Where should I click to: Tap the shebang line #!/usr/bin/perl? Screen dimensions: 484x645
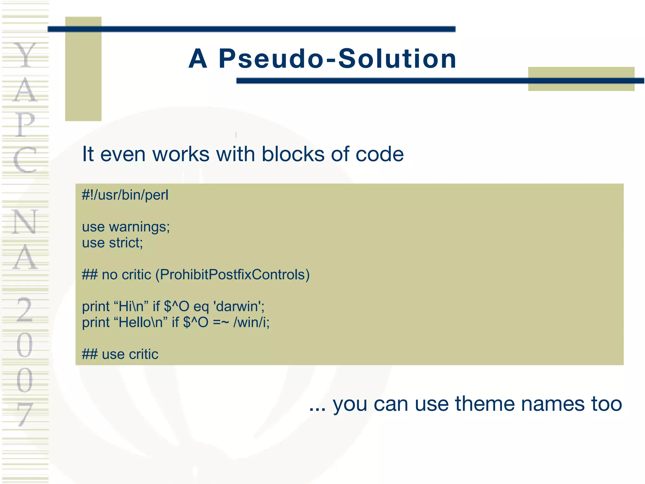pyautogui.click(x=125, y=195)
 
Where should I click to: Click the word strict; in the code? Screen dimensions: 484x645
pyautogui.click(x=126, y=243)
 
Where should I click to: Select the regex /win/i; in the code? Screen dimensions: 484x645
pyautogui.click(x=251, y=322)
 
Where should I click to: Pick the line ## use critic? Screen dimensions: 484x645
pyautogui.click(x=120, y=354)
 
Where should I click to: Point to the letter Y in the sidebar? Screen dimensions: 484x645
pyautogui.click(x=25, y=55)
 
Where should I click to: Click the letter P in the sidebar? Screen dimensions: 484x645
pyautogui.click(x=25, y=125)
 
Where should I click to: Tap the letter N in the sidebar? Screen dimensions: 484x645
pyautogui.click(x=25, y=222)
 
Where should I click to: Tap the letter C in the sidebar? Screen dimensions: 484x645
pyautogui.click(x=25, y=160)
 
